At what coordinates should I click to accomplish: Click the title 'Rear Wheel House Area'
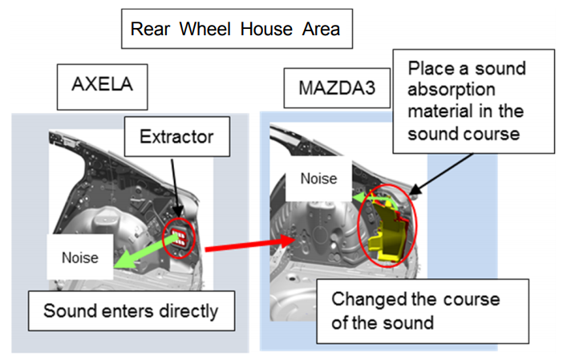(x=235, y=30)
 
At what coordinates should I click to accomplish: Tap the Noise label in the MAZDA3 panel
(x=318, y=179)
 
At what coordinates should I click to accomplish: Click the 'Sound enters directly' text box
(x=131, y=310)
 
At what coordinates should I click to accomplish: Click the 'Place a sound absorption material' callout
(x=473, y=100)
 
